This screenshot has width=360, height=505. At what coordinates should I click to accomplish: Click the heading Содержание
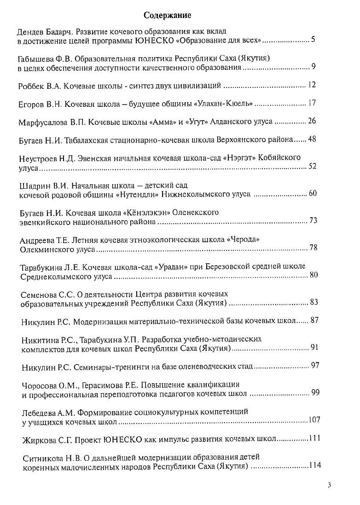pyautogui.click(x=168, y=16)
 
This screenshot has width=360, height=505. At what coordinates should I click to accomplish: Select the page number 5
pyautogui.click(x=313, y=40)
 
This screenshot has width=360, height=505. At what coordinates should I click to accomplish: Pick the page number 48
pyautogui.click(x=312, y=139)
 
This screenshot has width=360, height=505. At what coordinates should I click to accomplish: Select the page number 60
pyautogui.click(x=312, y=193)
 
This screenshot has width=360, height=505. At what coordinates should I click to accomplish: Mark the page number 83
pyautogui.click(x=314, y=302)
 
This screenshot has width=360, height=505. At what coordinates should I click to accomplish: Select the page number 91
pyautogui.click(x=314, y=347)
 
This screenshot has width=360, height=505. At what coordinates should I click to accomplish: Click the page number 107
pyautogui.click(x=314, y=419)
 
